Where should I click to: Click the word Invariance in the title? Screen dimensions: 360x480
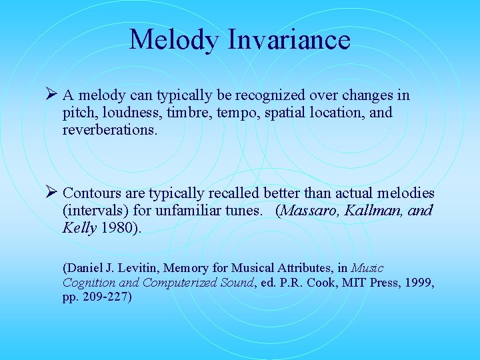coord(289,40)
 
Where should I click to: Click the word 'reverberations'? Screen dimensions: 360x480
coord(109,130)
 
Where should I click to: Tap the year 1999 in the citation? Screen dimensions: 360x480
coord(419,282)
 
